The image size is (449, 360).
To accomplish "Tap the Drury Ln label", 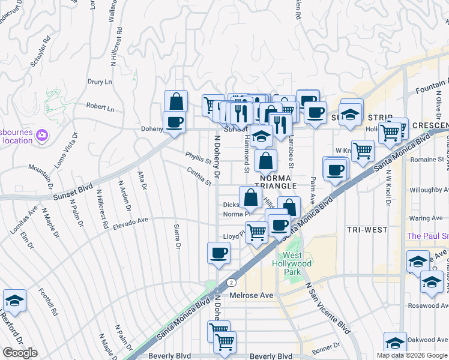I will [x=100, y=81].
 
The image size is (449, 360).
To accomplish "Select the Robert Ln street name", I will [x=100, y=108].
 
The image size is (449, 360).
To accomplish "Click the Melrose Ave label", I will [x=251, y=296].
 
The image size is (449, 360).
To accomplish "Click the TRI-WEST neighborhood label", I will [x=367, y=230].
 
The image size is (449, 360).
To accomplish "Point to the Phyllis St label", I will [x=199, y=157].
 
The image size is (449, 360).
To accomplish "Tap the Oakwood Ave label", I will [x=429, y=340].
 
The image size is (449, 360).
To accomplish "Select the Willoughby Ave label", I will [x=430, y=190].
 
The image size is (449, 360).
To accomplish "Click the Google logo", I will [x=20, y=353].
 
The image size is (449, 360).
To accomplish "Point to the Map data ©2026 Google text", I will [x=411, y=355].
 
